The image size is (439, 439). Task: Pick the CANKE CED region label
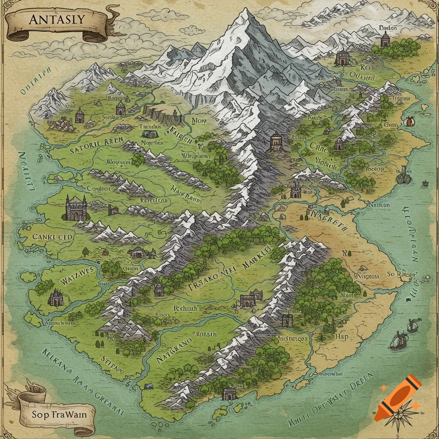click(x=52, y=237)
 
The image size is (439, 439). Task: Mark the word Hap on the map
click(x=342, y=337)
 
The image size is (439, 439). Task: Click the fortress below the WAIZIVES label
click(x=56, y=298)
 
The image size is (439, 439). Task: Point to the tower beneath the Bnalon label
click(x=385, y=40)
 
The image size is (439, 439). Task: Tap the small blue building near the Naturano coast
click(x=149, y=386)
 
